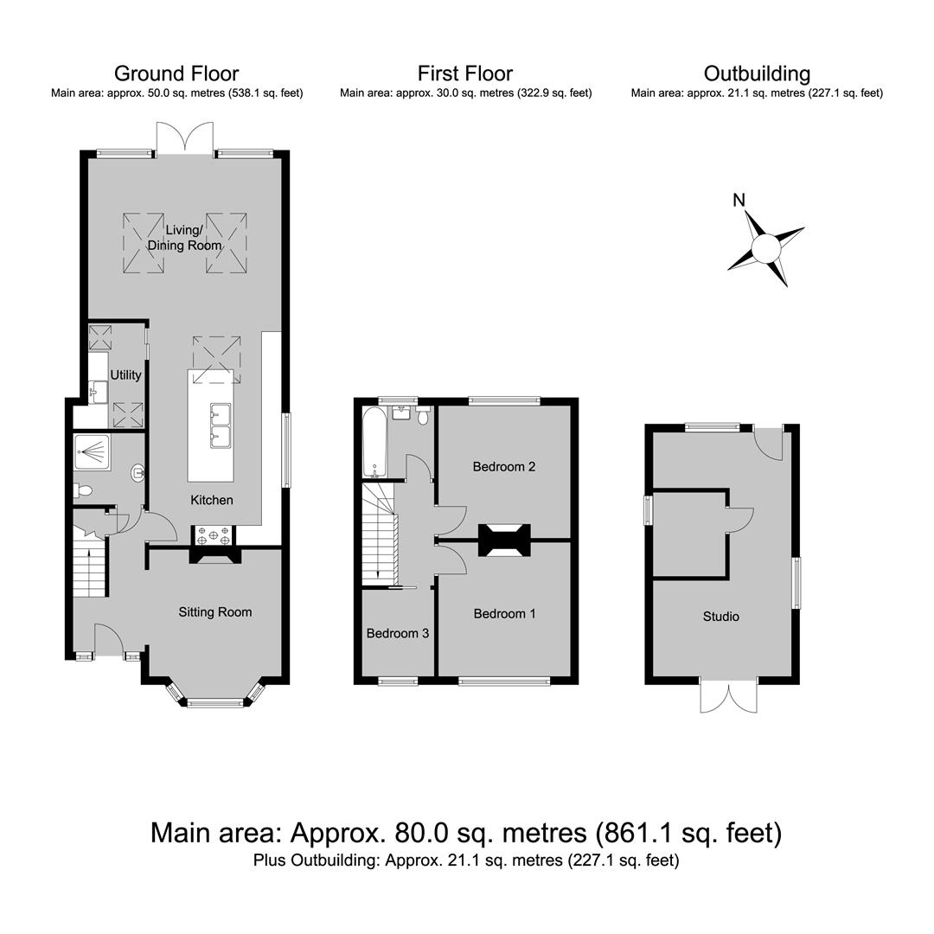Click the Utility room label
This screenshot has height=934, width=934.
[125, 374]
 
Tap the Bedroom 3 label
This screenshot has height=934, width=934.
[397, 633]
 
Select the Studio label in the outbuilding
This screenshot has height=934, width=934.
[720, 617]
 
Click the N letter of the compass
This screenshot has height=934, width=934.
[739, 200]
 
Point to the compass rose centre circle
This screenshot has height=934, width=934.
[765, 248]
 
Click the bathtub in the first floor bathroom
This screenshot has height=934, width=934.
[375, 442]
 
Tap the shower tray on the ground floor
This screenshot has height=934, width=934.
[92, 452]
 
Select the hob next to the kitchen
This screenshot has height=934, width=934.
[214, 535]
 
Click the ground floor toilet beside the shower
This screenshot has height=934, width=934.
[82, 491]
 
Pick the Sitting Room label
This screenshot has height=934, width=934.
[215, 611]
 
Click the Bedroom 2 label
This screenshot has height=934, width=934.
[504, 466]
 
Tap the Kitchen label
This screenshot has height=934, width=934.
[212, 500]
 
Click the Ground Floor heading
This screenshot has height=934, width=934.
[176, 74]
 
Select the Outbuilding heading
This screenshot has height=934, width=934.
[757, 74]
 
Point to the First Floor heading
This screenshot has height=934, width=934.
[464, 74]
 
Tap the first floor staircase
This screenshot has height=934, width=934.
[380, 533]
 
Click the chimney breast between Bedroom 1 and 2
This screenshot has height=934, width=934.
[504, 541]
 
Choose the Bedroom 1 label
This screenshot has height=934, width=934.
[504, 613]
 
